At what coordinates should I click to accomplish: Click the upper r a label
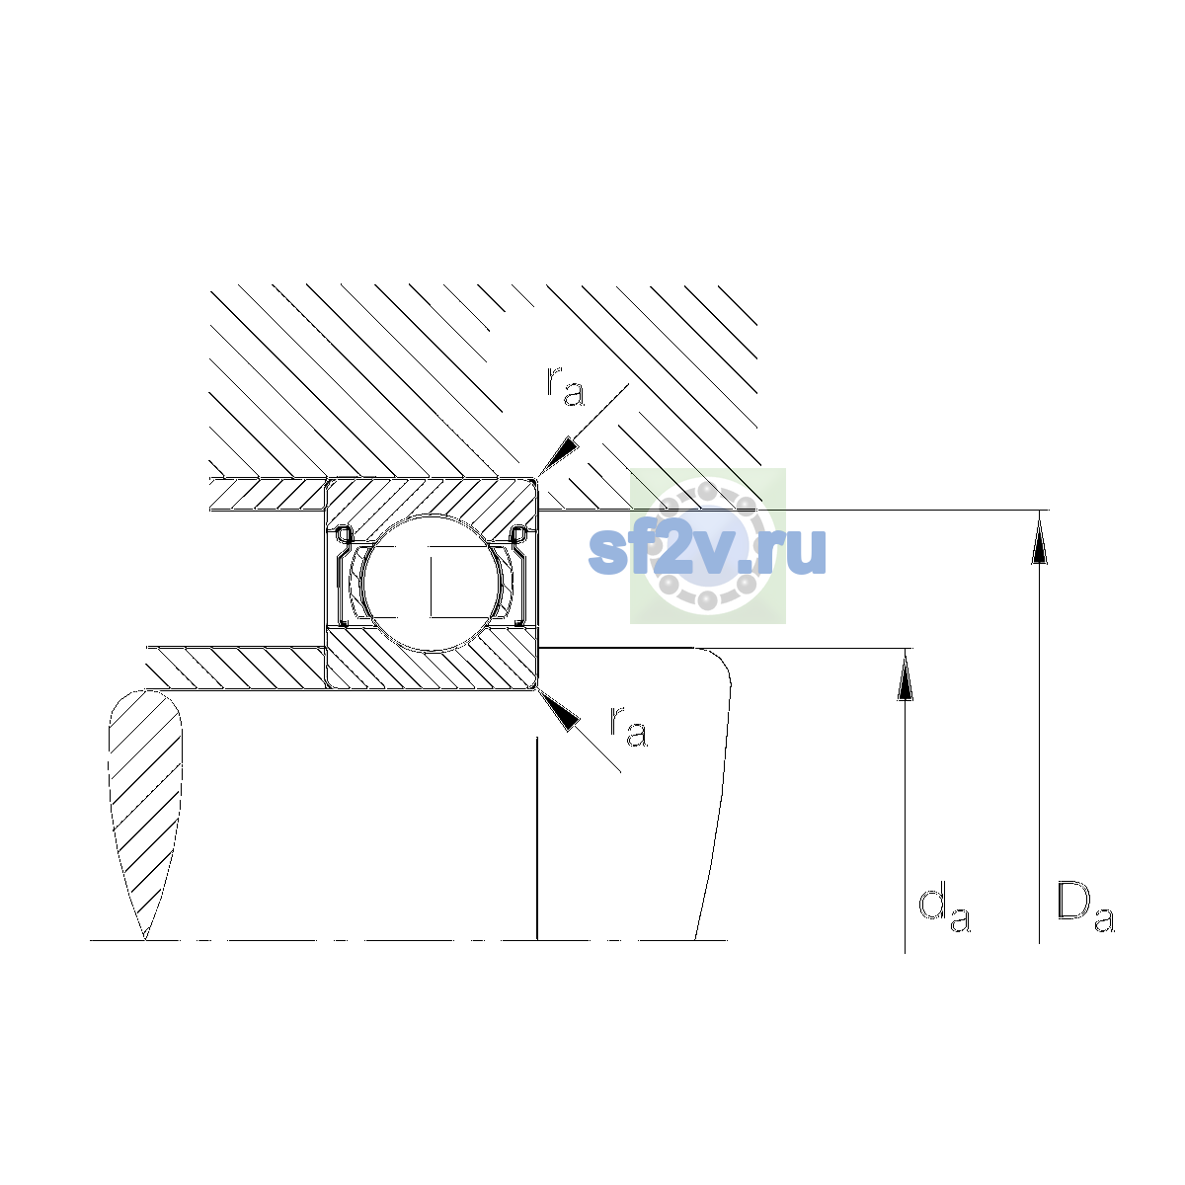pos(565,386)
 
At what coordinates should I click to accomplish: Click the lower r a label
pos(628,727)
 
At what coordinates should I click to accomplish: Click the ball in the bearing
pos(432,583)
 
